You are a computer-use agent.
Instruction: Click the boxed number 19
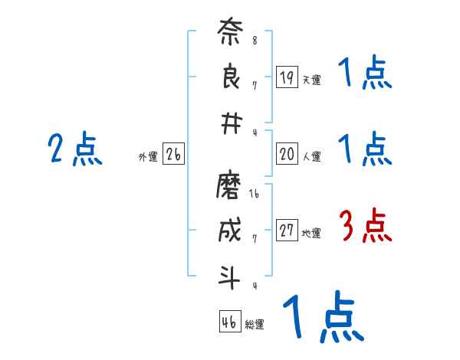(x=287, y=77)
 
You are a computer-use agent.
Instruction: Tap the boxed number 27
(x=287, y=231)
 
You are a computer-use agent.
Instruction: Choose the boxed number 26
(x=173, y=155)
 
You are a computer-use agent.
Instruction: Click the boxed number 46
(x=229, y=322)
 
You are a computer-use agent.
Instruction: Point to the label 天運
(x=311, y=80)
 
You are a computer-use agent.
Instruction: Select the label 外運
(x=148, y=157)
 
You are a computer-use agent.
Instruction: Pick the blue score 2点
(x=75, y=149)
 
